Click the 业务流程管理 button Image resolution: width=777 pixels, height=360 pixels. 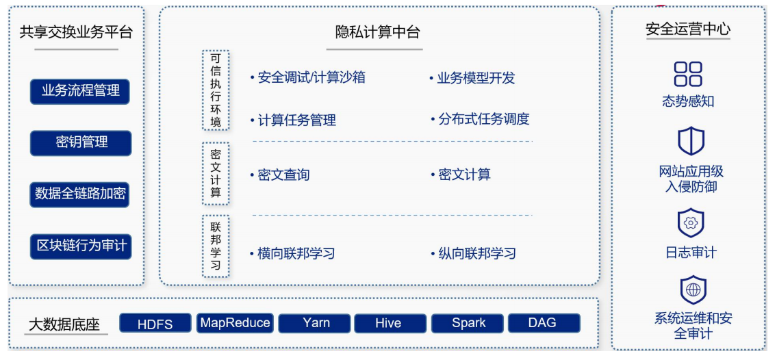click(80, 91)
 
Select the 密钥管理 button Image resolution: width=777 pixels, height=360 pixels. click(80, 142)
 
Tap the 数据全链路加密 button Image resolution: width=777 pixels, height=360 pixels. click(80, 194)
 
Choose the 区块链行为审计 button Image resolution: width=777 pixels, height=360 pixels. click(80, 246)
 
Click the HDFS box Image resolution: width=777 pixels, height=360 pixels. click(155, 324)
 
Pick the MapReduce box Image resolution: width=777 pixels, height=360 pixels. click(235, 323)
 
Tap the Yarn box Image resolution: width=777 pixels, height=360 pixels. click(316, 323)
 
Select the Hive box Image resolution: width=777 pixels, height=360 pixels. click(388, 323)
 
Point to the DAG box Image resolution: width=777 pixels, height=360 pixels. click(542, 323)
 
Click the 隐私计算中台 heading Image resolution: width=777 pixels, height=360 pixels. click(377, 32)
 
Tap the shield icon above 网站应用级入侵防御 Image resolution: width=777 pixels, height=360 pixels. click(691, 142)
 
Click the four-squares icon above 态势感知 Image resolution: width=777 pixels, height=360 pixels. click(688, 74)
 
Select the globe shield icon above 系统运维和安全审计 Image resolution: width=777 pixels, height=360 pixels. click(693, 290)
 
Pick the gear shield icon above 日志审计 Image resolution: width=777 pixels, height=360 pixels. click(691, 223)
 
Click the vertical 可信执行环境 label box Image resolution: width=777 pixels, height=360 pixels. click(216, 90)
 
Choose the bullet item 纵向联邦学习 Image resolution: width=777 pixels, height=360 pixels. click(476, 254)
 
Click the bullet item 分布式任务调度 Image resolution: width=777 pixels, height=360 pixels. click(483, 119)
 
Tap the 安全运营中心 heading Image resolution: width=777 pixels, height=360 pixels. click(688, 29)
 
